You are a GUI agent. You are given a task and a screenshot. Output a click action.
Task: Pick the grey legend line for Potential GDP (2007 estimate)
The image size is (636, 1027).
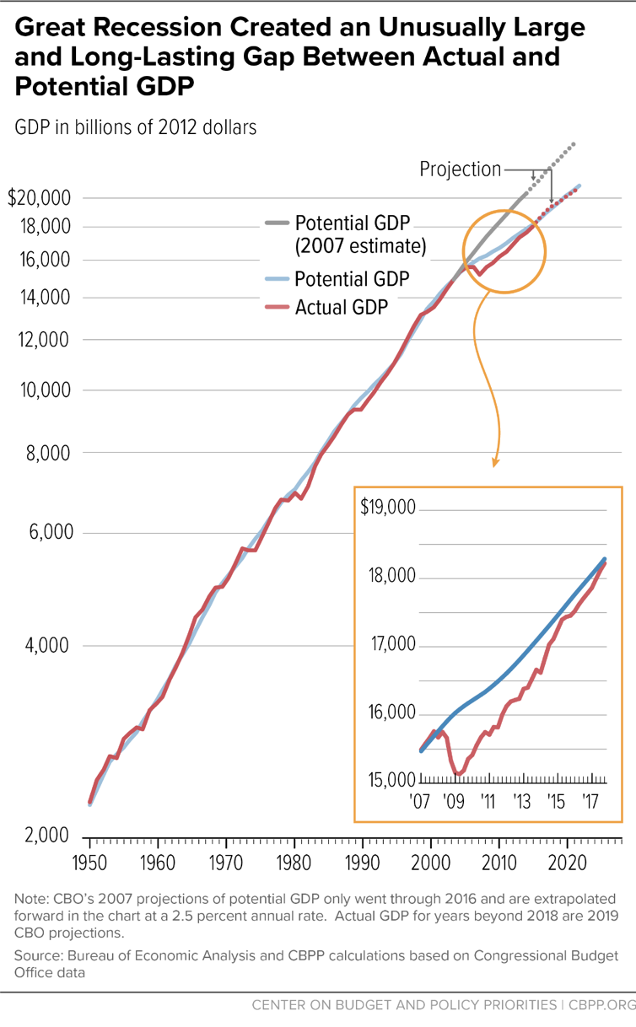tap(276, 223)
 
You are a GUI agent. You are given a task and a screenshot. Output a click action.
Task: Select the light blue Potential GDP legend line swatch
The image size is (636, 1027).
tap(276, 278)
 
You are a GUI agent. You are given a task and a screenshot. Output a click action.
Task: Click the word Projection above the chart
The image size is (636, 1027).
tap(460, 169)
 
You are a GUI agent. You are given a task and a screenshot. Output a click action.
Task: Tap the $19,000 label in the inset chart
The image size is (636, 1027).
tap(388, 509)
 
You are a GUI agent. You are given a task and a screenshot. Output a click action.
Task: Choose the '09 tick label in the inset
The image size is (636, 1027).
tap(454, 799)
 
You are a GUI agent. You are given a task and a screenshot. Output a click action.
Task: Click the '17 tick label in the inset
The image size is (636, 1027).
tap(590, 799)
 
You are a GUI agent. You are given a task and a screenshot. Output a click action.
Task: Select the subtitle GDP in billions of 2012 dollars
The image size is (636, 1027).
tap(135, 127)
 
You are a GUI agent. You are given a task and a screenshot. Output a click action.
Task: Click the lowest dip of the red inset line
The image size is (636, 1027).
tap(457, 773)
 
